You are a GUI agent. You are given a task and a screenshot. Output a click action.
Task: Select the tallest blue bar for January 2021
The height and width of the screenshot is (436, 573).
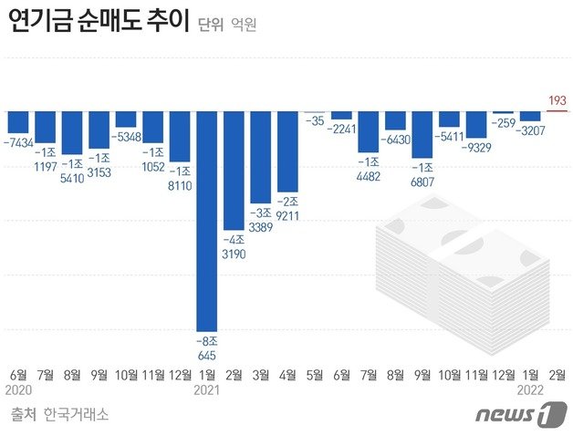coord(208,219)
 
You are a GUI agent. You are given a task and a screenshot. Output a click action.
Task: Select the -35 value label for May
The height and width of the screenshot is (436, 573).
coord(315,120)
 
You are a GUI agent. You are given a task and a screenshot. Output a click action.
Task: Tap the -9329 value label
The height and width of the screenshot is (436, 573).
coord(477,146)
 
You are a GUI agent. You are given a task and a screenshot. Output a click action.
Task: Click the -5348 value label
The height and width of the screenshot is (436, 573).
coord(127,137)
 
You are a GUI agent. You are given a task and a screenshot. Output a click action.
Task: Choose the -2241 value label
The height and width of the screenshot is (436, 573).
coord(342,129)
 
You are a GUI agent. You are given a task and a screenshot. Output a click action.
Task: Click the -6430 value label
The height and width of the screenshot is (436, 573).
coord(396,140)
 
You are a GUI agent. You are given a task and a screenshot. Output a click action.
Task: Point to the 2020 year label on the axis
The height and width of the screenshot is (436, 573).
coord(18,389)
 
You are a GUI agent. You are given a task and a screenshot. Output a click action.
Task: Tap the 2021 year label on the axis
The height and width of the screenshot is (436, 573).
coord(208,389)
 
